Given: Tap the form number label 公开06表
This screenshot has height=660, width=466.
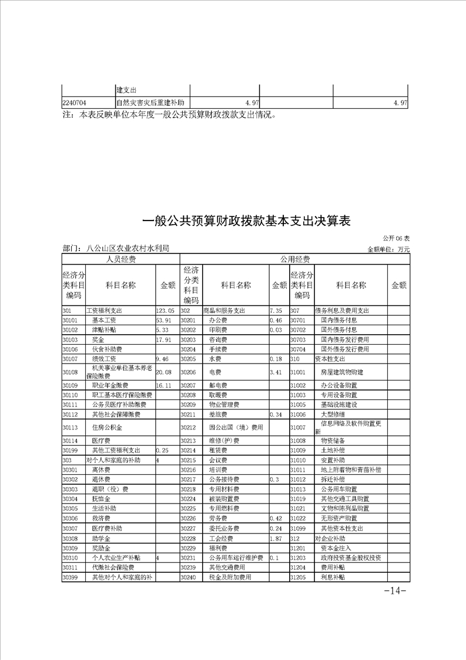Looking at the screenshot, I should pos(396,238).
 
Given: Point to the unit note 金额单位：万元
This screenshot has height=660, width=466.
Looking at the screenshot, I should pos(388,249).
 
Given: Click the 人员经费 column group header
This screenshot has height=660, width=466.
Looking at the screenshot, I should pos(120,259).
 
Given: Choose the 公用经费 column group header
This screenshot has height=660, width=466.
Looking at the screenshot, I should pos(294,259).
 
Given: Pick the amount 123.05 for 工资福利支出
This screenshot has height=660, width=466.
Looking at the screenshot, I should pos(165,311).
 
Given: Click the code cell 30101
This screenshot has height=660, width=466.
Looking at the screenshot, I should pos(71,321).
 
